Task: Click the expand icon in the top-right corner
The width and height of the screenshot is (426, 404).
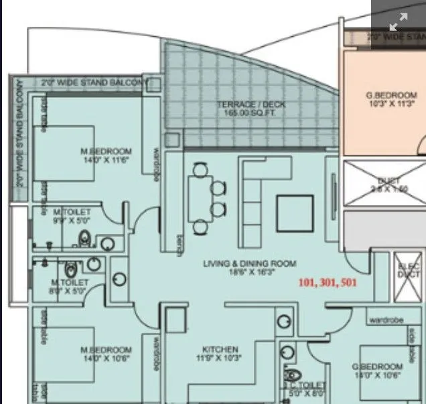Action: coord(398,21)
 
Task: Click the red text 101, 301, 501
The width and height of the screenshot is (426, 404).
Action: coord(328,283)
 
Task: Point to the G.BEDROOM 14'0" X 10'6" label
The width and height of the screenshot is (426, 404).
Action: coord(378,371)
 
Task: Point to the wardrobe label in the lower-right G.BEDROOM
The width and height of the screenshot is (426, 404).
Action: coord(384,320)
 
